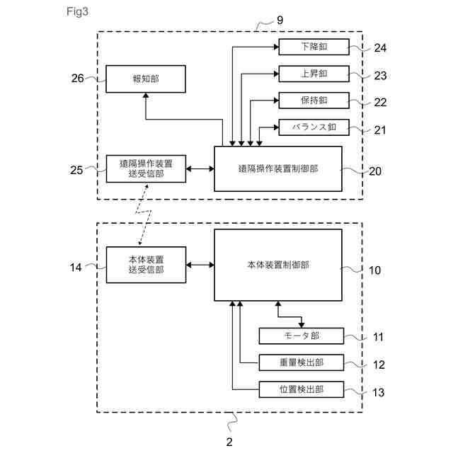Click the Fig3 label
[x=79, y=12]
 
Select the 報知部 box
[x=145, y=79]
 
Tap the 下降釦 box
[x=314, y=47]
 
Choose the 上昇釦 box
[x=314, y=74]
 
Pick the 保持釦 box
[x=314, y=101]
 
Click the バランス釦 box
[x=314, y=127]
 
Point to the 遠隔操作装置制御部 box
[x=277, y=168]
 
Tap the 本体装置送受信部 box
[x=145, y=265]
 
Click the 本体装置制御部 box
[x=277, y=265]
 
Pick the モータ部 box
[x=301, y=336]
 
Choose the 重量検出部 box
[x=301, y=362]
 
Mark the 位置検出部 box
[x=301, y=389]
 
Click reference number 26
[x=78, y=79]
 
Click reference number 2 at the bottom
[x=229, y=441]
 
